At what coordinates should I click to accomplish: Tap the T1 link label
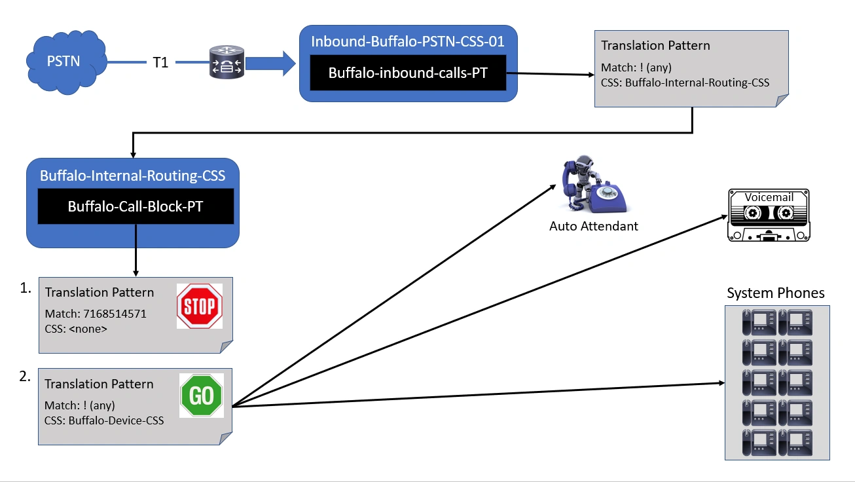160,63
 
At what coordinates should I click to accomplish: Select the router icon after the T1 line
226,63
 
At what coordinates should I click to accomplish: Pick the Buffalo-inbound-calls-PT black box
408,73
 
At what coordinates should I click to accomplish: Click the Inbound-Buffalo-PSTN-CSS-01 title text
407,42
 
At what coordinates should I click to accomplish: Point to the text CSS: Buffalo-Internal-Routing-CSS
685,83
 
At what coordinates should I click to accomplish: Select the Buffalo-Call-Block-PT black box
136,207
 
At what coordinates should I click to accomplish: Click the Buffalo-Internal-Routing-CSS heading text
132,176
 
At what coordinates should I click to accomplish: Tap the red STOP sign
200,306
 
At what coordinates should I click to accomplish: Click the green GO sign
202,396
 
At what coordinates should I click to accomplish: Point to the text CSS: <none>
75,329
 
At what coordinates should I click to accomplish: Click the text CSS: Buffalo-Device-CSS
104,420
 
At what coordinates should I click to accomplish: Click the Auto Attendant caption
593,226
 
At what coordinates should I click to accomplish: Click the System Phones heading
775,293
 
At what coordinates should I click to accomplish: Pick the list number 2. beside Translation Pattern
25,377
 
